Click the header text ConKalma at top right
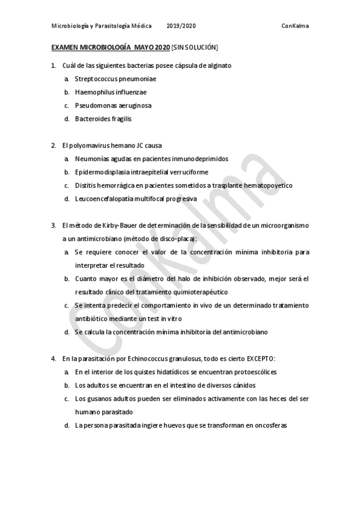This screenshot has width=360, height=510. pos(294,26)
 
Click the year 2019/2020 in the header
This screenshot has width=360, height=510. pos(182,26)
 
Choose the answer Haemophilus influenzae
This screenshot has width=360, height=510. pos(111,92)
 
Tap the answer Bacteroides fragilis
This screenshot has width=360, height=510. pos(103,118)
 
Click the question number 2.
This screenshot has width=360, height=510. pos(53,146)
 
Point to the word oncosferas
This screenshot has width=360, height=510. pos(271,425)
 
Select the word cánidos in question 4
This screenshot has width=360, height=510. pos(242,385)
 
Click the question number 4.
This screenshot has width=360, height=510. pos(53,358)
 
